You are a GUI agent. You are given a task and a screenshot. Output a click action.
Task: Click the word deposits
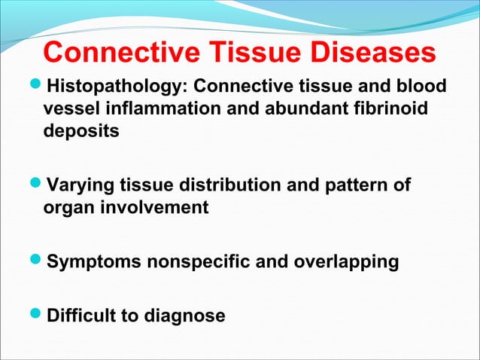pyautogui.click(x=81, y=131)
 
